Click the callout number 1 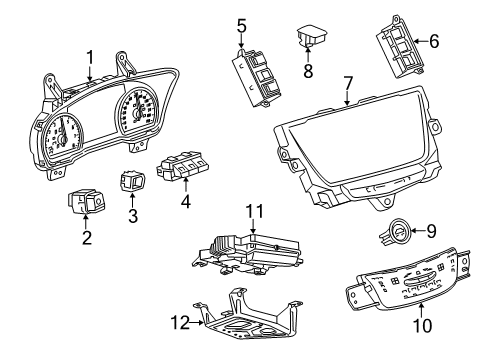point(90,56)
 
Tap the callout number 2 point(87,237)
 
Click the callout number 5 point(241,24)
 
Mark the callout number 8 point(309,70)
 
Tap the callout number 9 point(431,260)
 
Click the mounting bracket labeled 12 point(240,323)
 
